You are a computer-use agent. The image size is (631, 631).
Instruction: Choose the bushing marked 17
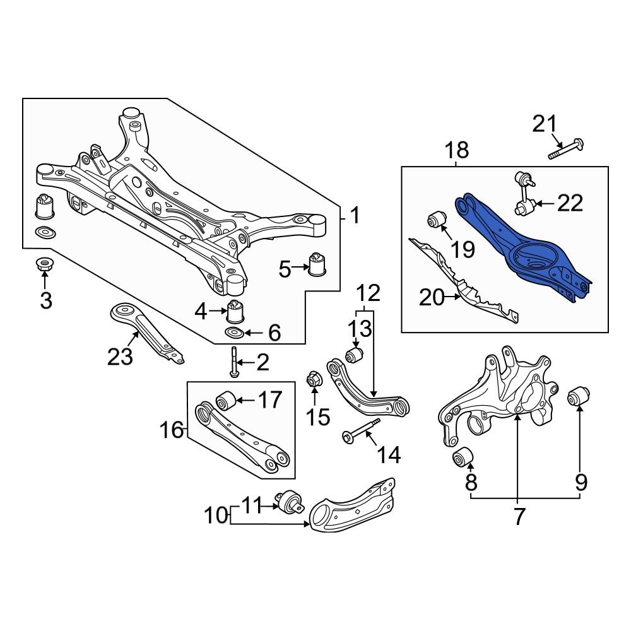pyautogui.click(x=225, y=400)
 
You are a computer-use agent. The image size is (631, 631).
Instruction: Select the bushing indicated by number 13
pyautogui.click(x=355, y=354)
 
